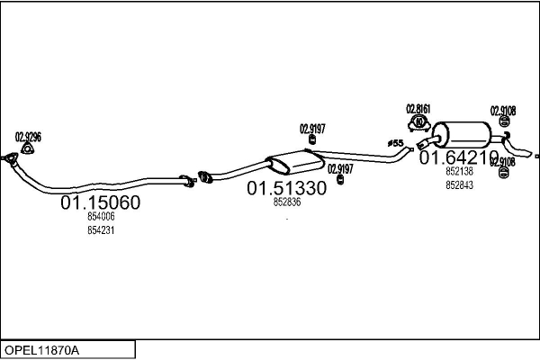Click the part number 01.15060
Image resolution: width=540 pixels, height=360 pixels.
click(x=100, y=204)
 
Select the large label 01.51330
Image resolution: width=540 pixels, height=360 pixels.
click(x=287, y=189)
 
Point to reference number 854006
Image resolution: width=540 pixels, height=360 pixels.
click(x=101, y=218)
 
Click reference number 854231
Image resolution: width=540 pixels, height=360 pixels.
click(x=101, y=230)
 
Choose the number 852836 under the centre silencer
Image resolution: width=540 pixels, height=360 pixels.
click(x=286, y=202)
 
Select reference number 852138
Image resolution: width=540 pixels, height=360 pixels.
click(x=459, y=171)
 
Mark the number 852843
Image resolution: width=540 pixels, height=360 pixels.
click(x=459, y=185)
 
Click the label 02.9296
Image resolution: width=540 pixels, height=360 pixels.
click(x=28, y=137)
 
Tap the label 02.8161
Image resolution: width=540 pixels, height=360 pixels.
click(x=418, y=110)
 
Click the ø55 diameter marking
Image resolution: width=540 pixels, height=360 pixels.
click(x=394, y=143)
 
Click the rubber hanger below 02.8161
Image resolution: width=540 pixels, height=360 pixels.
click(x=418, y=123)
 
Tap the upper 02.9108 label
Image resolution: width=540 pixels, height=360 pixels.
click(x=503, y=112)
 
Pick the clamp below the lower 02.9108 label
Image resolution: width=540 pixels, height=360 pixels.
click(x=503, y=175)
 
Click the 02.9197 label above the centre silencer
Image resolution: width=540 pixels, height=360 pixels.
click(x=313, y=128)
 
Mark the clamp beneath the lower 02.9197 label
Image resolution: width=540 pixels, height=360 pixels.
click(x=340, y=181)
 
